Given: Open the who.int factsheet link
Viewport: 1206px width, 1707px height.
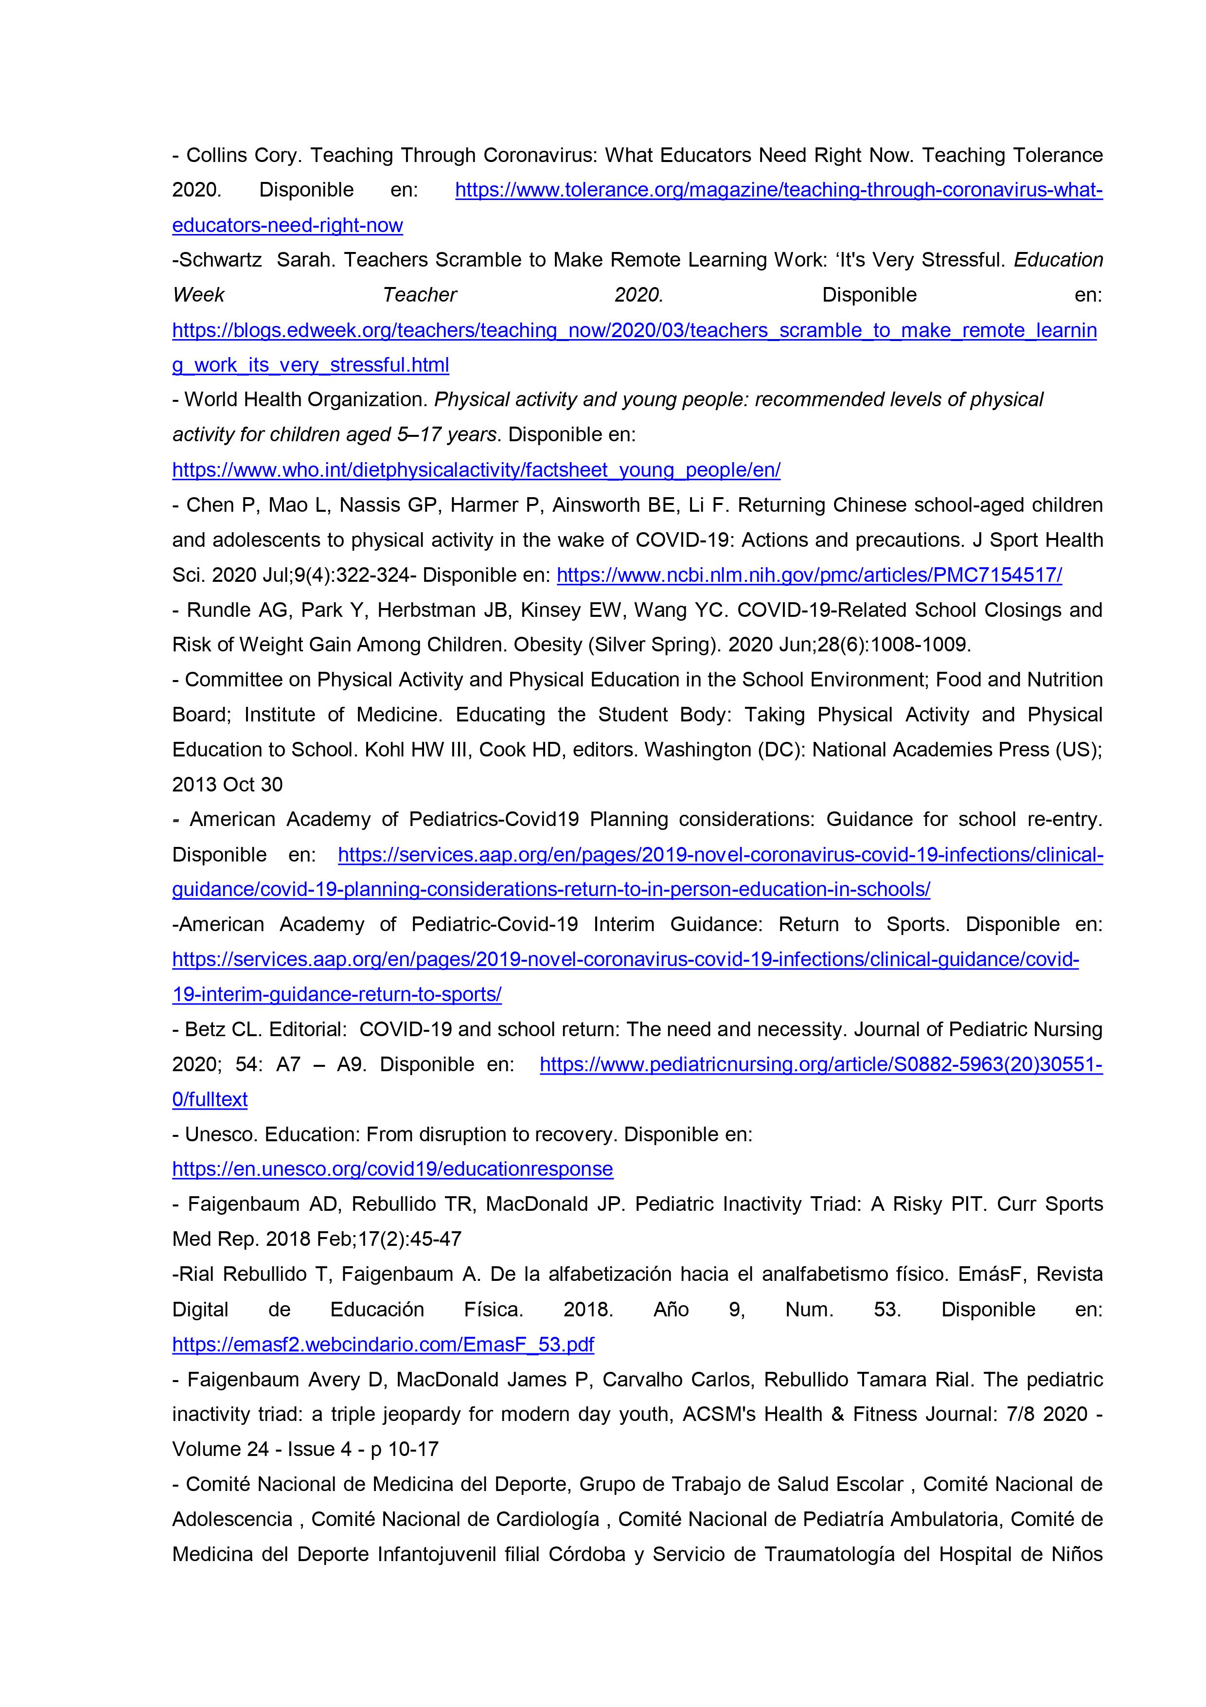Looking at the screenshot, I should [476, 470].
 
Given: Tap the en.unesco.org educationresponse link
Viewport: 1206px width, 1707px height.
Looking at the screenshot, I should [392, 1169].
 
